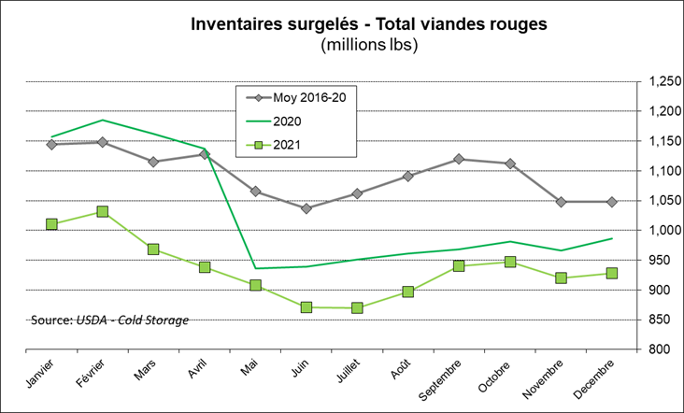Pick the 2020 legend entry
pos(289,121)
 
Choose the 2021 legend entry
pos(289,144)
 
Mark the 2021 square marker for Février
pos(103,212)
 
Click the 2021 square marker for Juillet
pos(357,307)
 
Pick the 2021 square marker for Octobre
pos(509,262)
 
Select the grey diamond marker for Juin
pos(306,208)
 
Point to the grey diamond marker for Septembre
pos(459,159)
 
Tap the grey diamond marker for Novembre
pos(561,202)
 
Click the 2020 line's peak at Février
pos(103,120)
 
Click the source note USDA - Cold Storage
pos(110,320)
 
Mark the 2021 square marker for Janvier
pos(51,224)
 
